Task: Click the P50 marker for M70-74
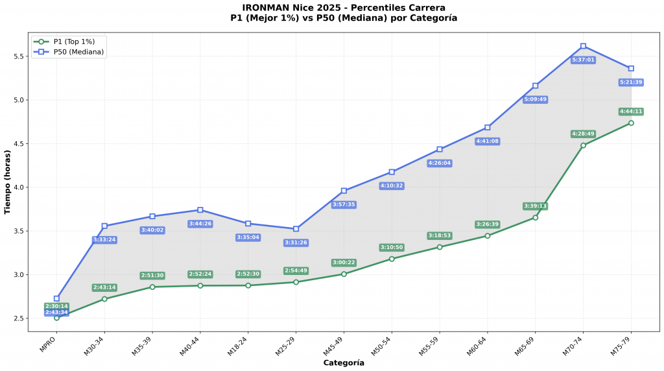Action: [x=583, y=46]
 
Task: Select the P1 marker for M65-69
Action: [x=535, y=217]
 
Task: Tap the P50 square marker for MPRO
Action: [x=56, y=298]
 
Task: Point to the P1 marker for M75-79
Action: [x=631, y=123]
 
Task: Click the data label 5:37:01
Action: [x=583, y=60]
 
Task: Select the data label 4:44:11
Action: [x=631, y=112]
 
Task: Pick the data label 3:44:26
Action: [x=200, y=224]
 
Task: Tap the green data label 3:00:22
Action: [x=344, y=263]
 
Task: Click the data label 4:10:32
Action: [x=392, y=185]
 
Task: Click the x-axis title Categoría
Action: [x=344, y=363]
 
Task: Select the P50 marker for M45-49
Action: [x=344, y=191]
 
